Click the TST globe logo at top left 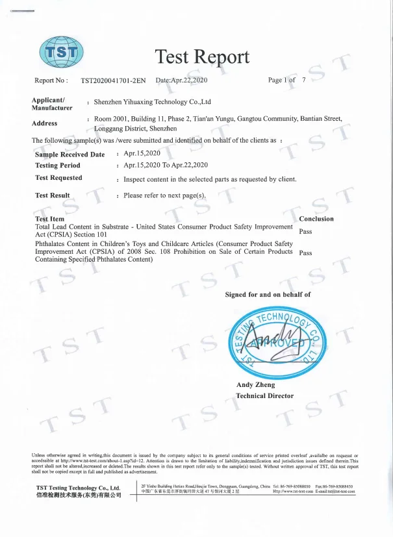pos(62,51)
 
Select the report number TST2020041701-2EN pos(115,81)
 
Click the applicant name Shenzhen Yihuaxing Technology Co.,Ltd pos(153,102)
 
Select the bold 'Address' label pos(44,123)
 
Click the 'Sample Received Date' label pos(70,155)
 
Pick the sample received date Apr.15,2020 pos(142,154)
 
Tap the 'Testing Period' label pos(58,166)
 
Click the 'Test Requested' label pos(58,178)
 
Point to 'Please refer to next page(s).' pos(165,195)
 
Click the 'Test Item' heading pos(49,219)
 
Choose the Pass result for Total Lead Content pos(305,231)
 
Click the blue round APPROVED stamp pos(275,342)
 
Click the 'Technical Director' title pos(264,395)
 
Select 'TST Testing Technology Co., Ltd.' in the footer pos(78,487)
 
